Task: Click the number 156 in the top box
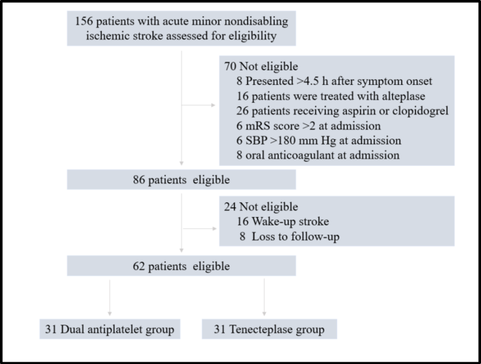86,20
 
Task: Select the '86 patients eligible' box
181,179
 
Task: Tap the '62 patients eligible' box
181,266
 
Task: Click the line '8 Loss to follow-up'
289,237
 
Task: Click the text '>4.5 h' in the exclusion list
314,82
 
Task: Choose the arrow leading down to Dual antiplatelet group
110,313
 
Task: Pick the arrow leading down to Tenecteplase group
265,313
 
